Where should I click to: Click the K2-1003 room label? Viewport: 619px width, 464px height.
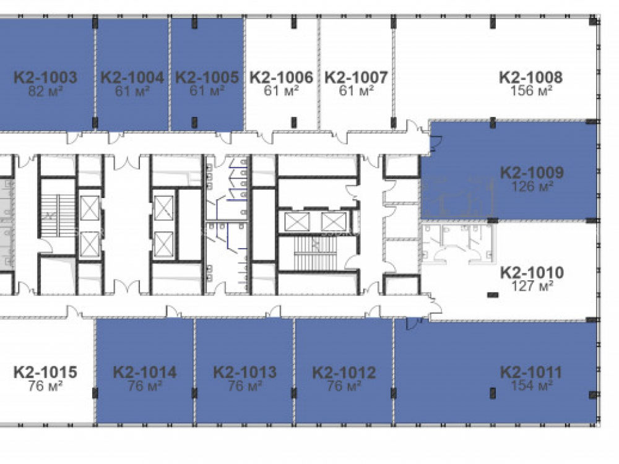coord(45,77)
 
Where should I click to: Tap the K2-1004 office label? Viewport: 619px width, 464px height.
coord(132,77)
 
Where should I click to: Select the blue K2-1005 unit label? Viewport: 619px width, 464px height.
coord(207,77)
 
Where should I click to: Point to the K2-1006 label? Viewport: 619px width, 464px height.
coord(282,77)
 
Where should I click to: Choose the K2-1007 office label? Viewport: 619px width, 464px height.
coord(356,77)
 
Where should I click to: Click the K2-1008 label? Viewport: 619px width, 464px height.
coord(531,77)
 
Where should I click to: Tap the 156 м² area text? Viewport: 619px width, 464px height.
coord(531,91)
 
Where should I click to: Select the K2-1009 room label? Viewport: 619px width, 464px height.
coord(532,173)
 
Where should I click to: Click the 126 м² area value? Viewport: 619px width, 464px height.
coord(532,186)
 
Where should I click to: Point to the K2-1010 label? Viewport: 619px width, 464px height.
coord(532,272)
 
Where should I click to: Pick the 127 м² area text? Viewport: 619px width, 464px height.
coord(532,286)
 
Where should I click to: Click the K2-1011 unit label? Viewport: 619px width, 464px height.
coord(531,372)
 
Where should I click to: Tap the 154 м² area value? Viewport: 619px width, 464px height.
coord(531,385)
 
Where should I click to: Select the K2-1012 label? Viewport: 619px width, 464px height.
coord(344,372)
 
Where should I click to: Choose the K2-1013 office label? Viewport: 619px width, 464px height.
coord(245,372)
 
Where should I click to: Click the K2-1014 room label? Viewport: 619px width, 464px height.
coord(144,372)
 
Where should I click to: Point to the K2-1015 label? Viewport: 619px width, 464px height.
coord(45,372)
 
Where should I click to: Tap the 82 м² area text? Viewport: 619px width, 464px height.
coord(45,92)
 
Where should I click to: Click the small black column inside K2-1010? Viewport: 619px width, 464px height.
coord(493,294)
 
